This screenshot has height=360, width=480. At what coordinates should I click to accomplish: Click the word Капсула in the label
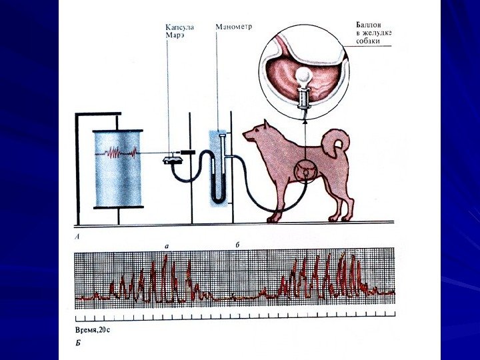pyautogui.click(x=179, y=27)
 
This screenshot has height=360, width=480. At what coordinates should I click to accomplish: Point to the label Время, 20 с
pyautogui.click(x=94, y=329)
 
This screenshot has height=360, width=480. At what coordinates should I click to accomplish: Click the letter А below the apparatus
pyautogui.click(x=79, y=236)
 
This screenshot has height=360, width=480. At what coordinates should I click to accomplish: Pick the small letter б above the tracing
pyautogui.click(x=237, y=245)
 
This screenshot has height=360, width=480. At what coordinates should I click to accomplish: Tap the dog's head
pyautogui.click(x=257, y=133)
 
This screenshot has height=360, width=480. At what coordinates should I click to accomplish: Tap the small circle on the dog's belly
pyautogui.click(x=306, y=171)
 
